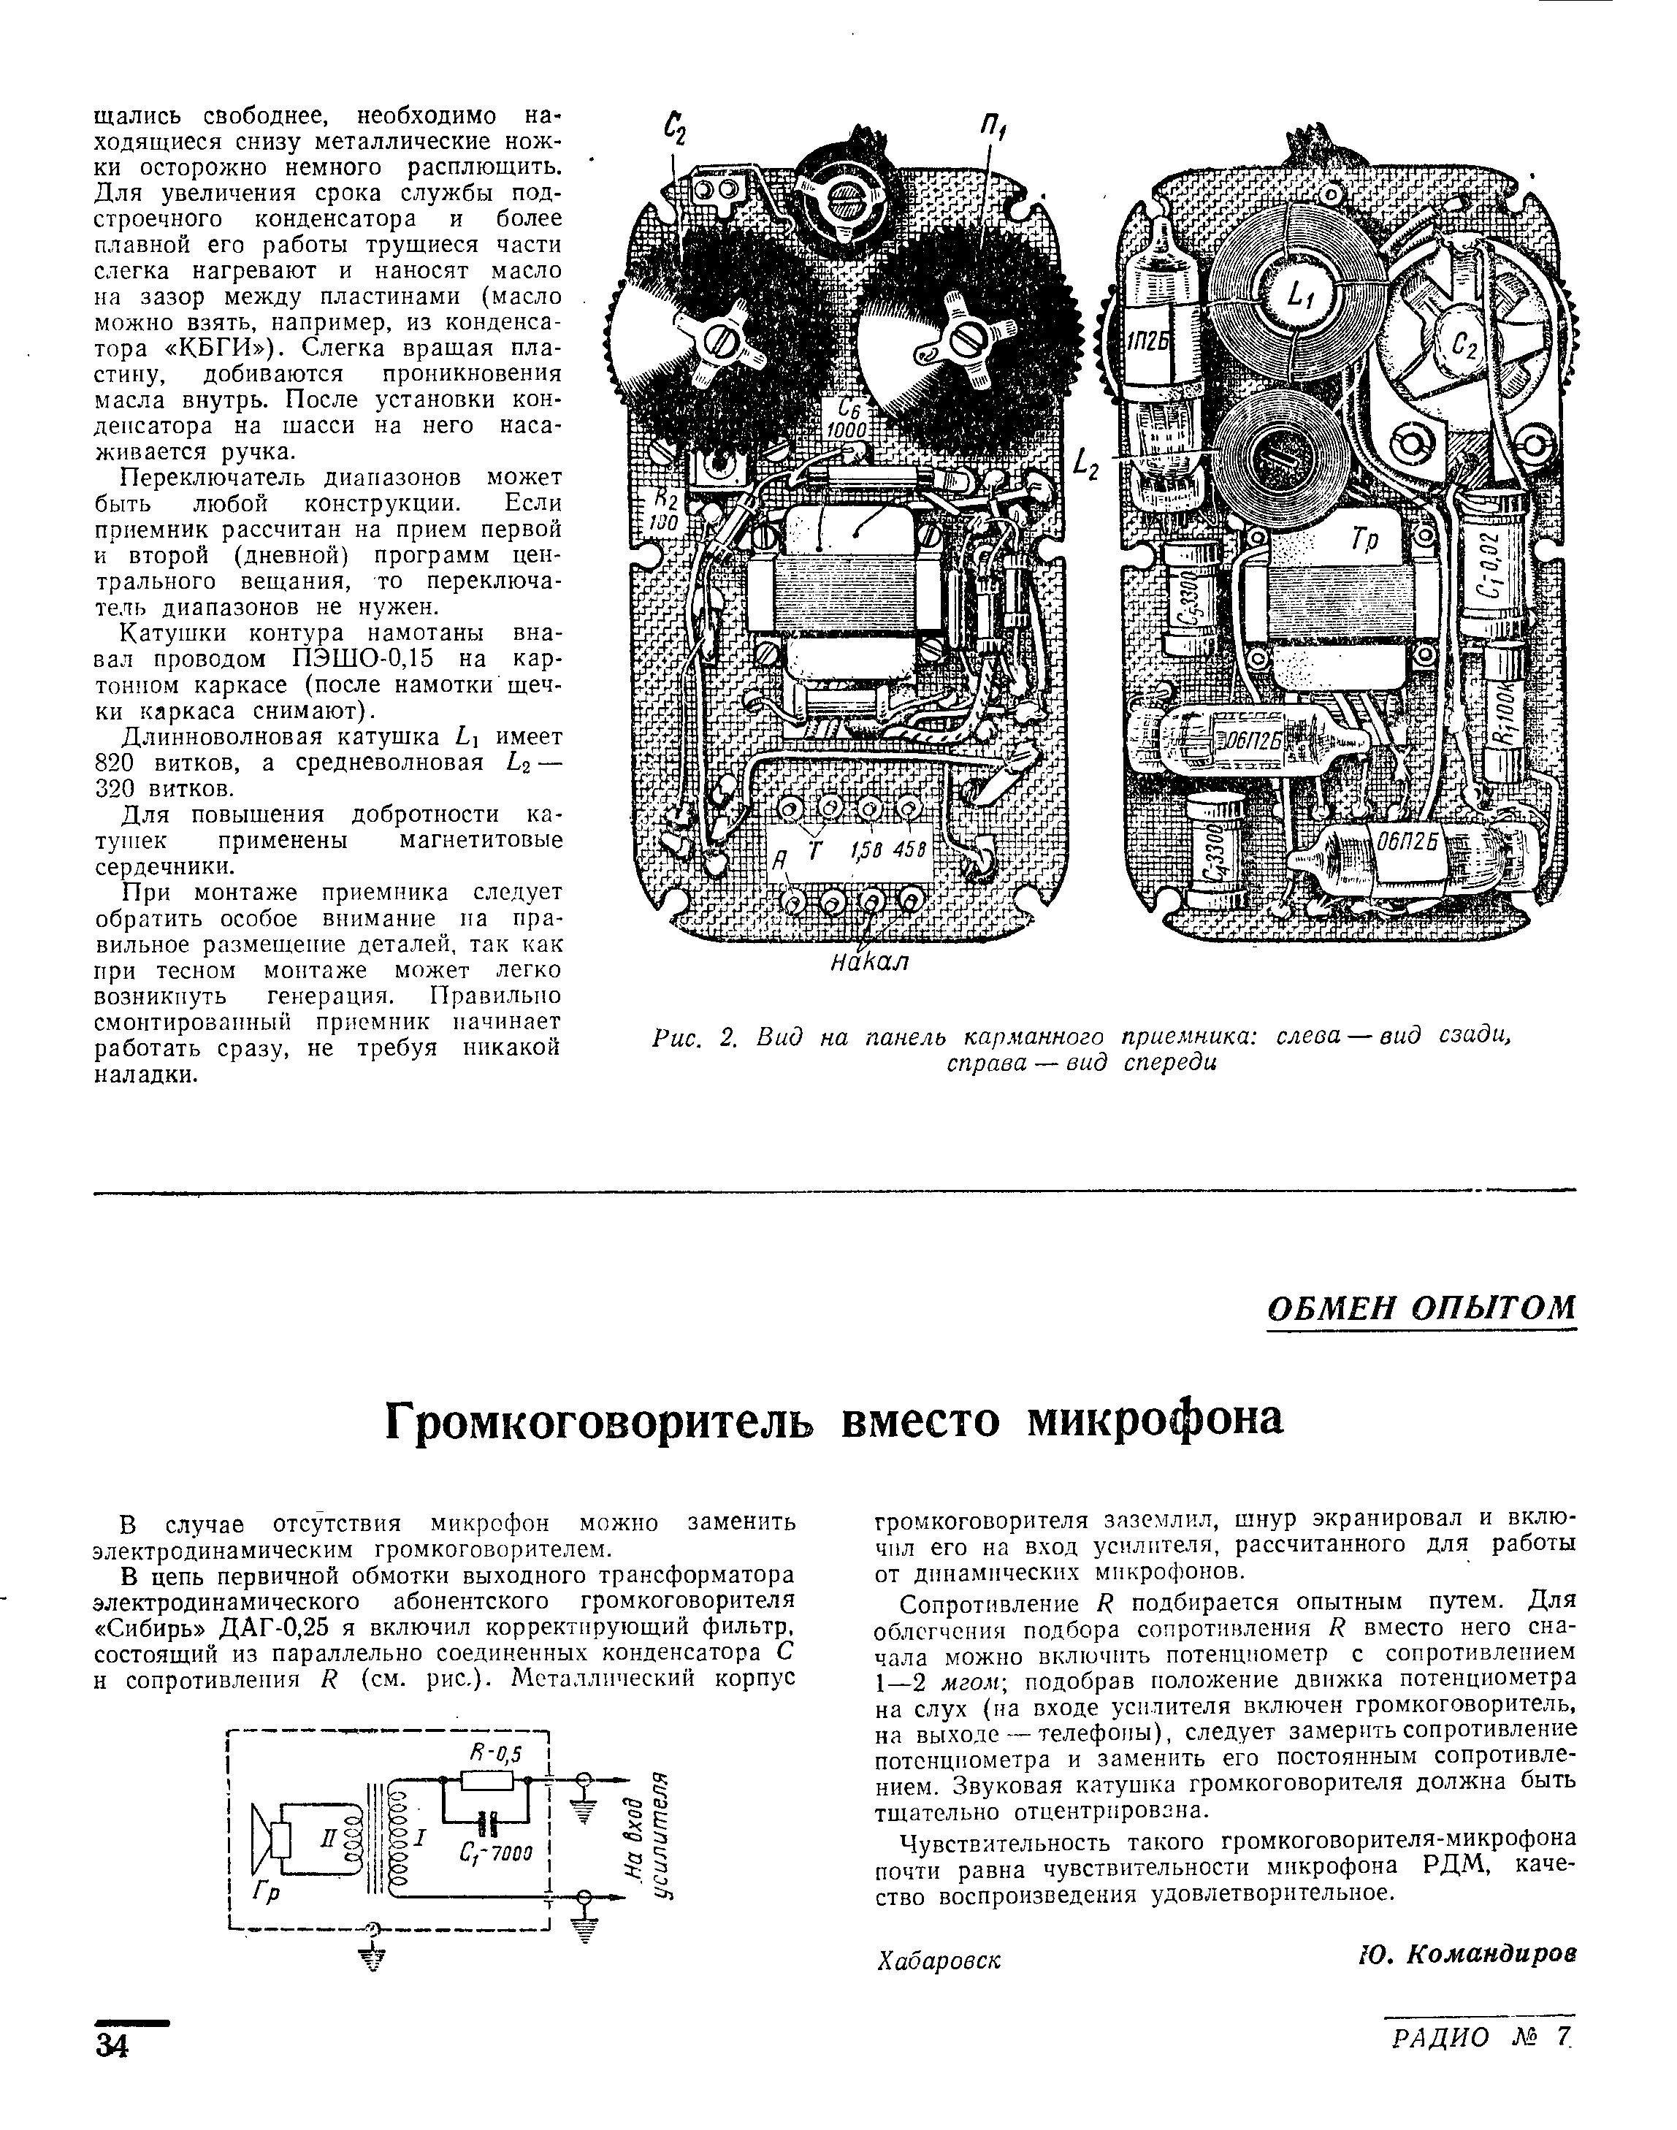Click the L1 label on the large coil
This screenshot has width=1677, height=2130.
(1298, 294)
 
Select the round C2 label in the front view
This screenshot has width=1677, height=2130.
(1466, 344)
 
